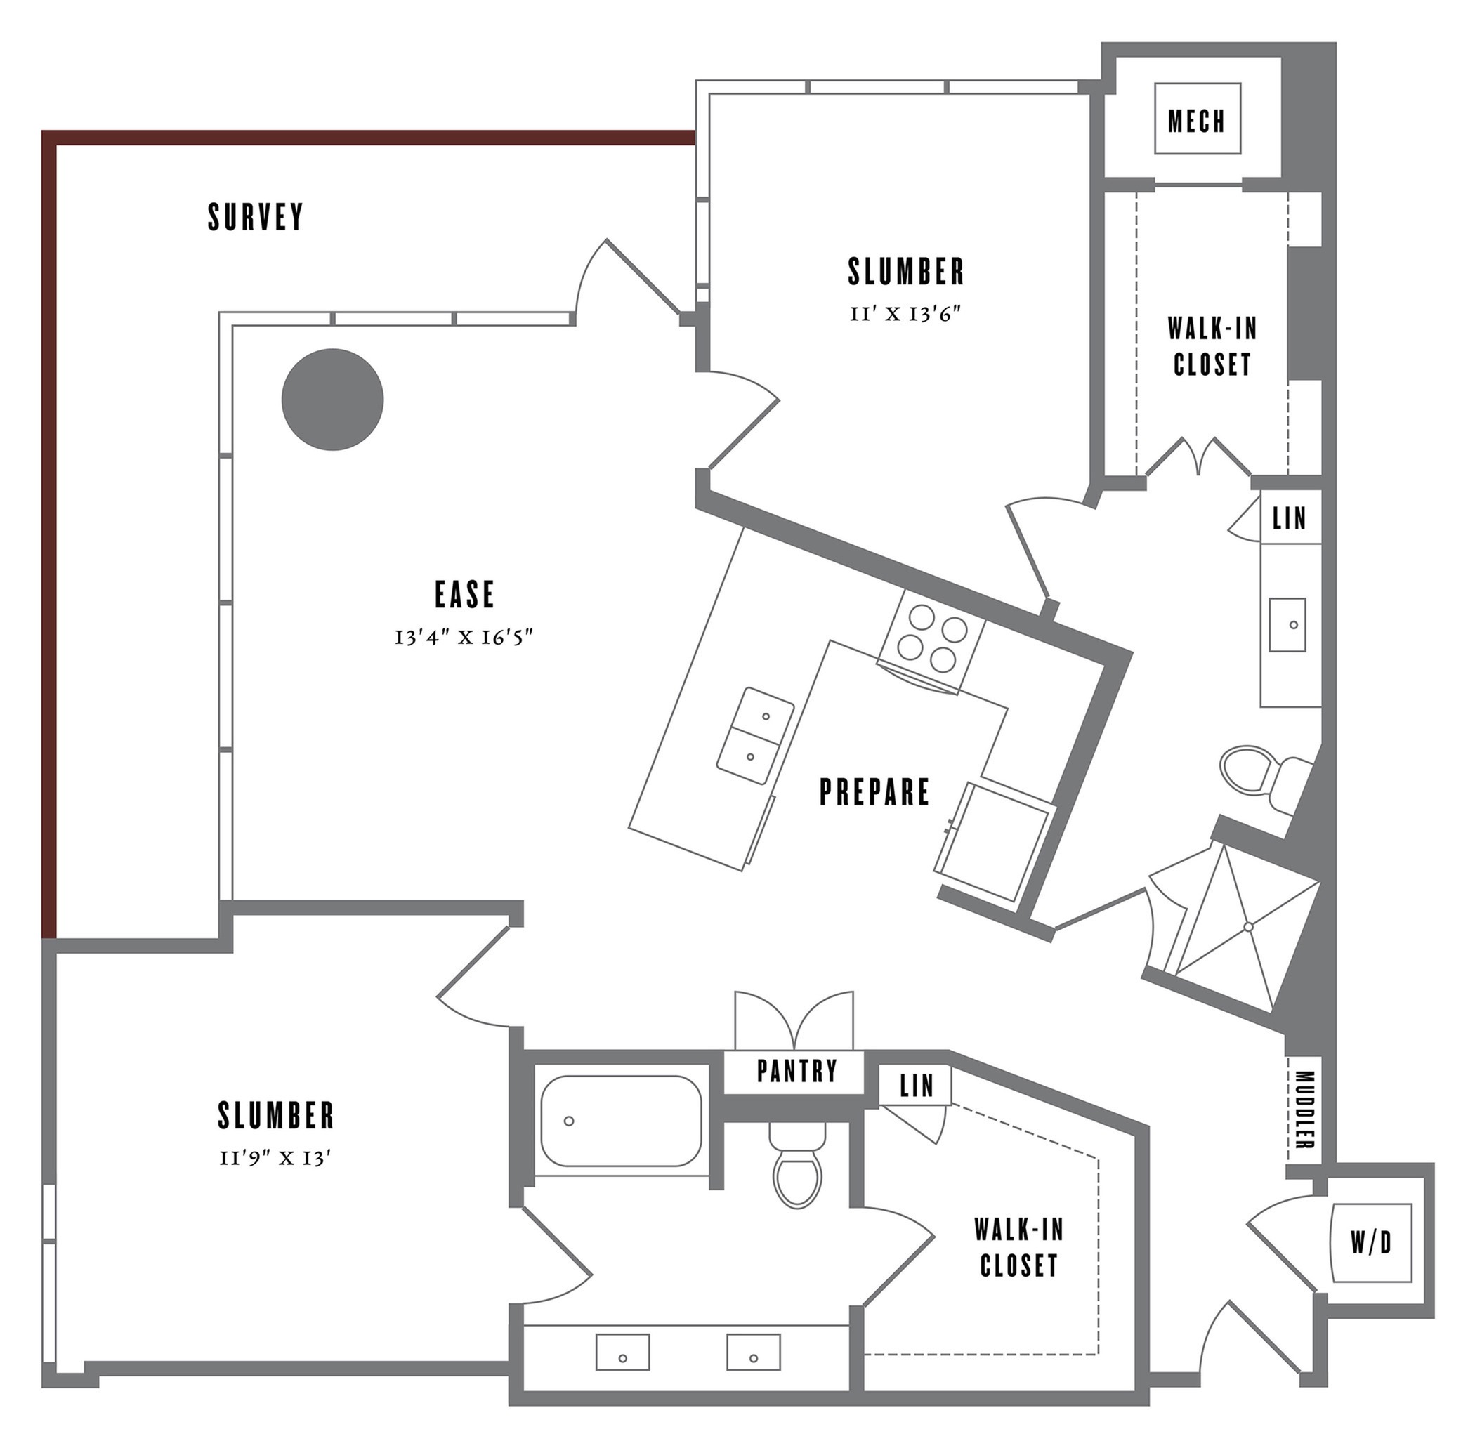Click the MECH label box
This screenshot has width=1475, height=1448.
coord(1197,120)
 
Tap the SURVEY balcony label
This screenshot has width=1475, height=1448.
coord(256,217)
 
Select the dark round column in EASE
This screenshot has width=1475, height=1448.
coord(332,400)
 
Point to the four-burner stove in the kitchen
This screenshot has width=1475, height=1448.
coord(932,643)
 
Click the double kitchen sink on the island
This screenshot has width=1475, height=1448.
coord(755,735)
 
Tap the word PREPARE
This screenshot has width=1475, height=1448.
coord(874,791)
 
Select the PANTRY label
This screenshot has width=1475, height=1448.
coord(796,1071)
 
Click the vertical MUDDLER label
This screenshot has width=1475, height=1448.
coord(1304,1110)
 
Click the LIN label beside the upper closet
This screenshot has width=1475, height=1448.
coord(1290,519)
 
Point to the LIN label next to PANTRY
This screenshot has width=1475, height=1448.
coord(916,1085)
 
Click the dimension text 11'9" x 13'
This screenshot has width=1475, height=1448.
coord(275,1159)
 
